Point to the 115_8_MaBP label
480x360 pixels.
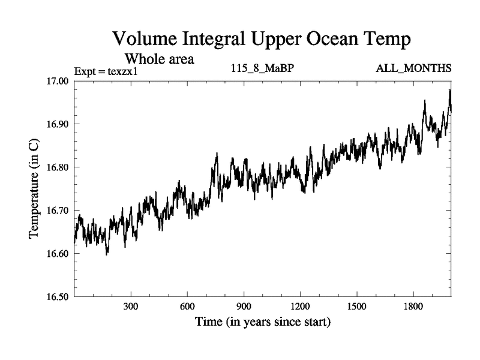click(262, 68)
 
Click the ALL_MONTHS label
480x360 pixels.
click(413, 68)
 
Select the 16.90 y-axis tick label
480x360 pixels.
click(58, 124)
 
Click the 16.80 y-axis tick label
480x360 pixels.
click(58, 167)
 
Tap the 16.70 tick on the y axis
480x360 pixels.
click(58, 211)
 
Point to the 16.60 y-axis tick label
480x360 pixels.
click(58, 254)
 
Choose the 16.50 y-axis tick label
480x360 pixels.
click(58, 297)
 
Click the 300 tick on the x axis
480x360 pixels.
click(131, 307)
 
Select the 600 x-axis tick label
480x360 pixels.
click(187, 307)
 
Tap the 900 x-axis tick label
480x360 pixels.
click(244, 307)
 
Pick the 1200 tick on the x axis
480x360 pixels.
click(300, 307)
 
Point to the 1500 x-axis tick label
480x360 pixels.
click(356, 307)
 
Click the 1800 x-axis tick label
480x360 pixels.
click(413, 307)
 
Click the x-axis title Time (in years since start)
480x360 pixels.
click(262, 322)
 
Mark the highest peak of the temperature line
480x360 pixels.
click(449, 90)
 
